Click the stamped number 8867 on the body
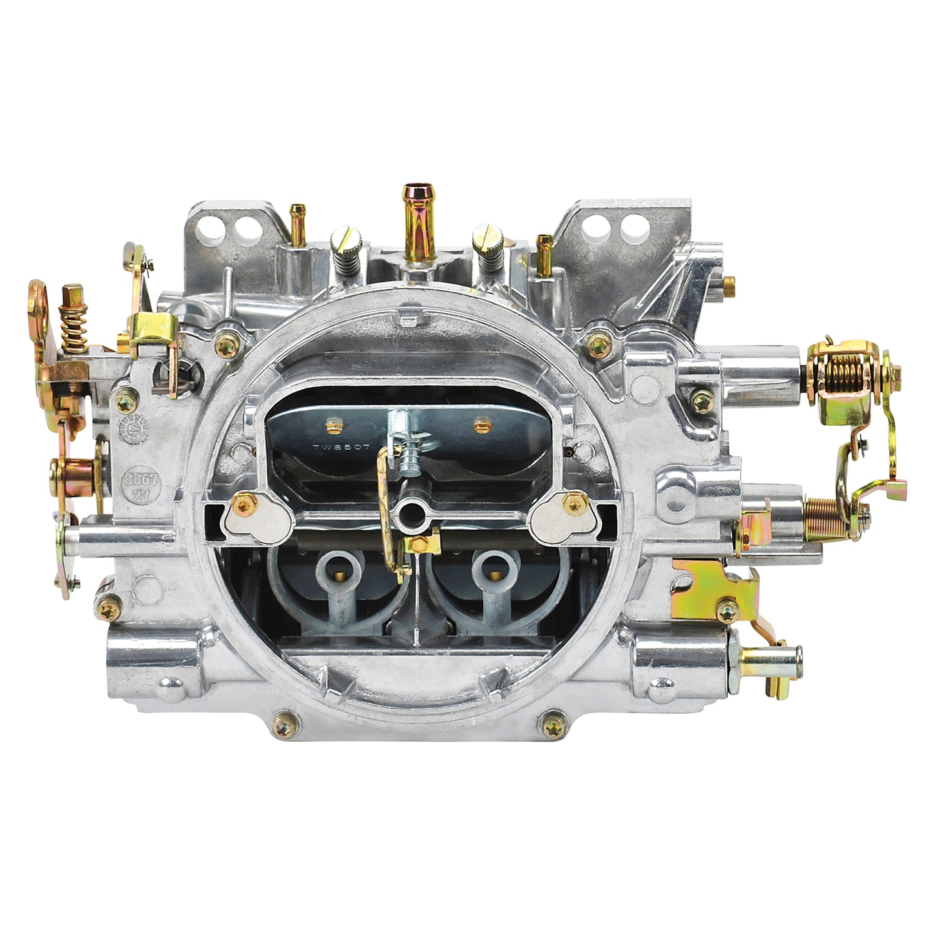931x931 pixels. [x=137, y=480]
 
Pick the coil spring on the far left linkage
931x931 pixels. [x=73, y=329]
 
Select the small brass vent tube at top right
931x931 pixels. [x=544, y=251]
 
